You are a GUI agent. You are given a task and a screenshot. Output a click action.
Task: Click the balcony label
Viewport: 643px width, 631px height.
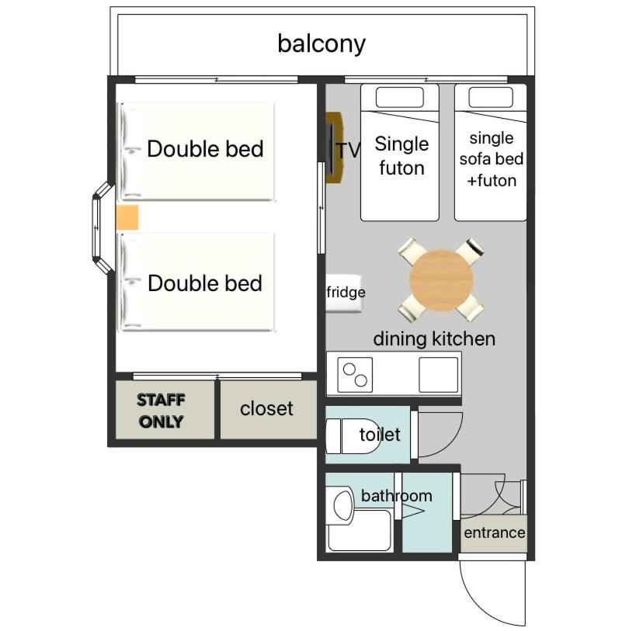321,43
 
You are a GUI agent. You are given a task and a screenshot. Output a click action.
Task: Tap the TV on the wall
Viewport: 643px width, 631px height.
334,147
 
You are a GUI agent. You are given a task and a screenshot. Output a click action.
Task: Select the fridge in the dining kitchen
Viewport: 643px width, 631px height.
344,293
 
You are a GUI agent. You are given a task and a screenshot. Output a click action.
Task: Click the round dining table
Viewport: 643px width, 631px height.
441,280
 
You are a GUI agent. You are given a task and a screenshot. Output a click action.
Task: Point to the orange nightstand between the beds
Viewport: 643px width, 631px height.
127,217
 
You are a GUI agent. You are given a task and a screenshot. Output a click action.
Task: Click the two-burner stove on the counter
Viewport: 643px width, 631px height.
355,375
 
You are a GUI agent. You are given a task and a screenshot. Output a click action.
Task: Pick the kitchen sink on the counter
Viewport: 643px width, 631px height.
438,375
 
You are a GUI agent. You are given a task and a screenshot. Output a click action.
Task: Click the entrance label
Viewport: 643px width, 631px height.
495,532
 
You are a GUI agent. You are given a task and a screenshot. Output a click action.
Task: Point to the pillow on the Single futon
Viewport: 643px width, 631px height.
400,98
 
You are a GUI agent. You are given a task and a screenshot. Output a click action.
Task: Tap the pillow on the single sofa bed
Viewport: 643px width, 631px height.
491,97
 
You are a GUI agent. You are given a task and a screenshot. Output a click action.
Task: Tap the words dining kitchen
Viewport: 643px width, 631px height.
434,339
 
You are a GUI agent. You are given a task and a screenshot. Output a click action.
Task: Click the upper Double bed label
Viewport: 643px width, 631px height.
205,149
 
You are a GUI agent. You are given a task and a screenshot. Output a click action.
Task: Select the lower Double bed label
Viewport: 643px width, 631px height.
205,283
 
